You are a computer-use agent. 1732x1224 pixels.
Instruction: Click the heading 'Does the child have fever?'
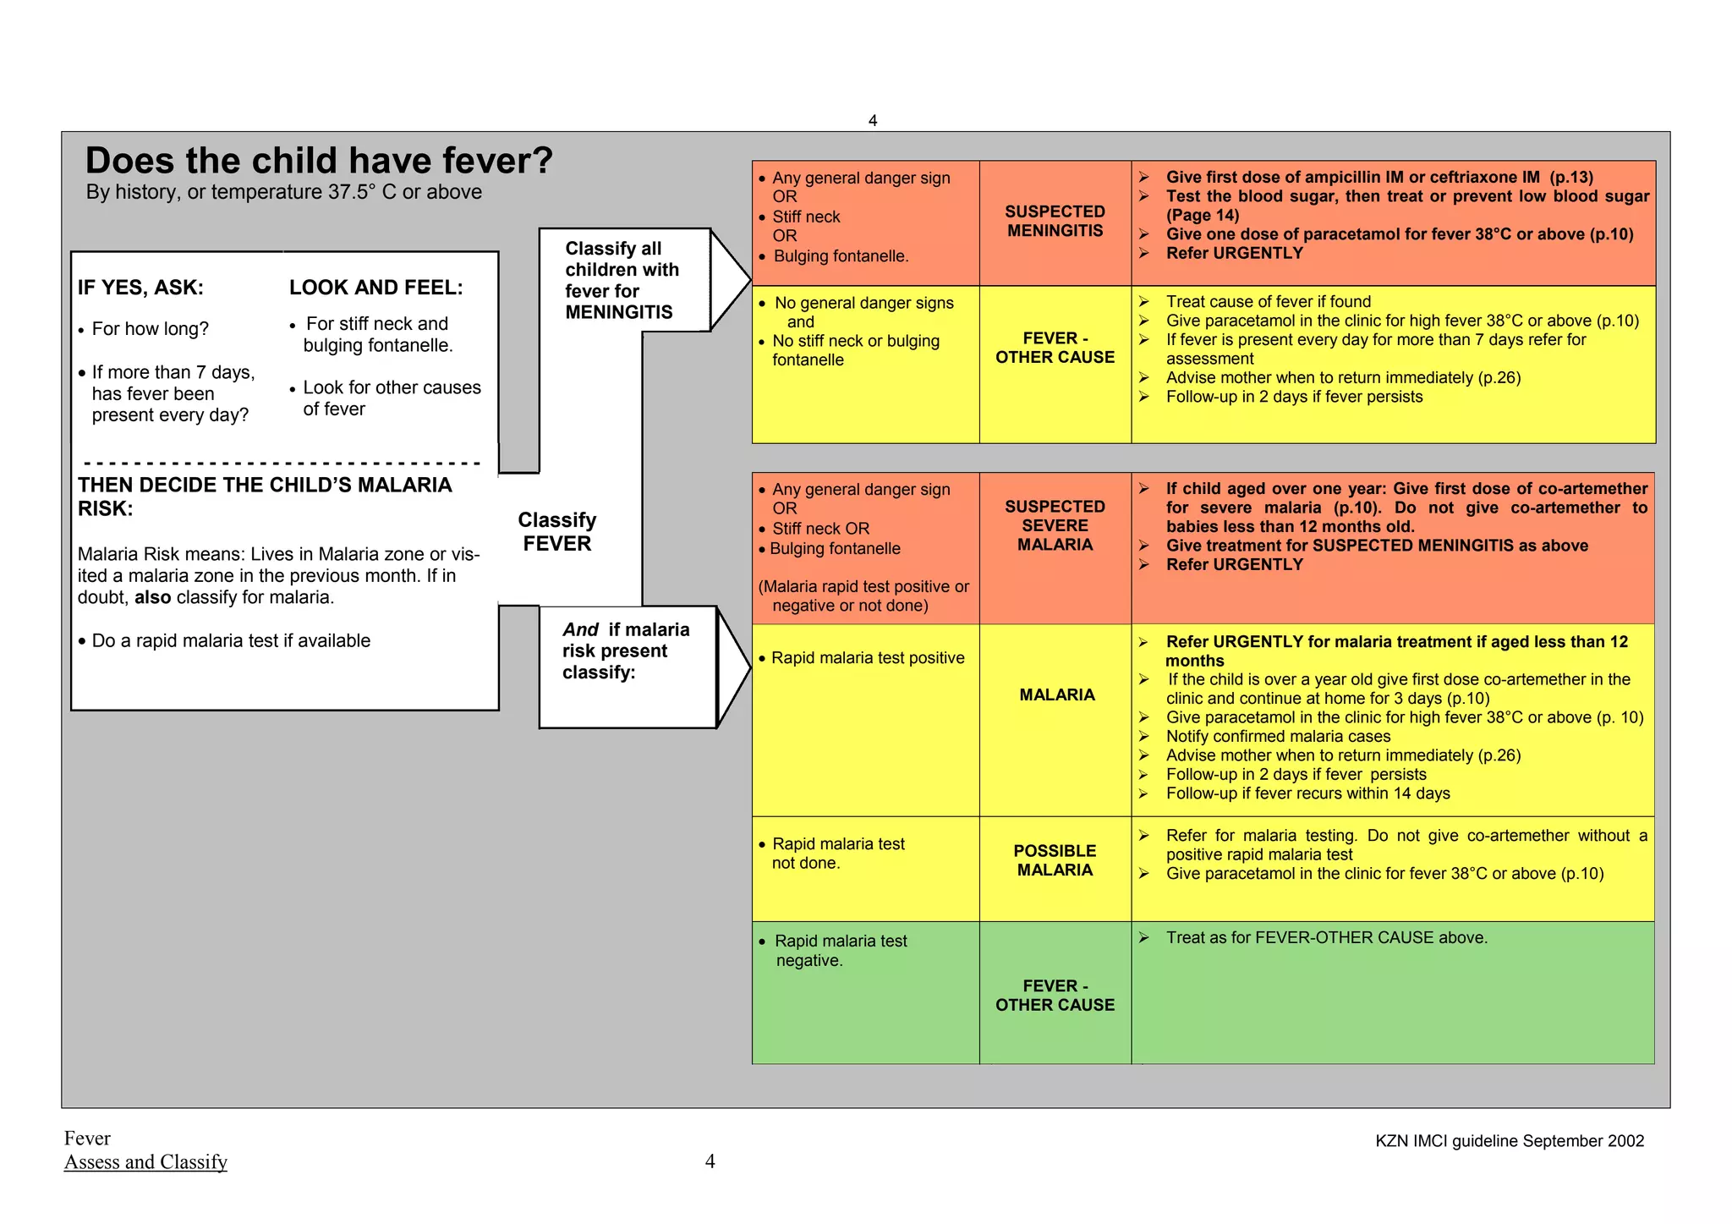pos(319,161)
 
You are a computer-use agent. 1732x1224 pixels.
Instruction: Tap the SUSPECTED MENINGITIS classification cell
pos(1055,222)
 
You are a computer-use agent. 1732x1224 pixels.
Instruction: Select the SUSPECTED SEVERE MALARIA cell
pos(1055,525)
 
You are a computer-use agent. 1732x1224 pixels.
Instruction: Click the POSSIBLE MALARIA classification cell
pos(1055,860)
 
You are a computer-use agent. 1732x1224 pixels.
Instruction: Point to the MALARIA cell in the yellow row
pos(1056,694)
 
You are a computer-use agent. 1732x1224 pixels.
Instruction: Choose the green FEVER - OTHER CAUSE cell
pos(1055,996)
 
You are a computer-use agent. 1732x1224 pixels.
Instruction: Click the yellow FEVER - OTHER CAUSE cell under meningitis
pos(1055,348)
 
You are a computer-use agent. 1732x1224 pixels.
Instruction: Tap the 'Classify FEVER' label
pos(556,531)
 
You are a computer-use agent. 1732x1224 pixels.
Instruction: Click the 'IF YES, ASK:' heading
pos(140,288)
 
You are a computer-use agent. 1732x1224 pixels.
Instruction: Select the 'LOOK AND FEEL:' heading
pos(375,288)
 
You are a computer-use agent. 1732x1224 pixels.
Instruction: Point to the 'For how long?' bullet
pos(150,329)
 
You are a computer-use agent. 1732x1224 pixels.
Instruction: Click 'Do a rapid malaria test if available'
pos(230,641)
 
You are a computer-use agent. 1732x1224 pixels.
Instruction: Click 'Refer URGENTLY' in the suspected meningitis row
pos(1234,253)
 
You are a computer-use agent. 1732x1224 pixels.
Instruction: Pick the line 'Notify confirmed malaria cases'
pos(1278,737)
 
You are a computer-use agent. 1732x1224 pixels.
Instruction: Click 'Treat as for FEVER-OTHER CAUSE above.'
pos(1326,938)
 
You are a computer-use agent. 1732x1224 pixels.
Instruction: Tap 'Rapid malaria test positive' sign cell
pos(867,658)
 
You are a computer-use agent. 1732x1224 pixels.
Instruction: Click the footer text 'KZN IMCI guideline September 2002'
pos(1509,1141)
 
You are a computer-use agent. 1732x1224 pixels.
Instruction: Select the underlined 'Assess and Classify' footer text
pos(145,1162)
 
